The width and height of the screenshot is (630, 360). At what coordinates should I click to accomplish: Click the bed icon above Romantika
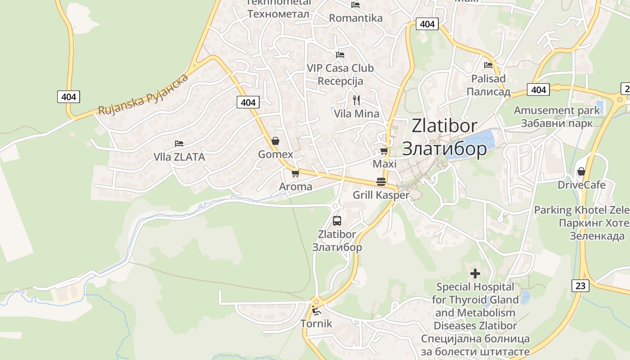tap(355, 5)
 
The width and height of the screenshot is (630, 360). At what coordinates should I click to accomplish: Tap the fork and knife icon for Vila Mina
tap(356, 100)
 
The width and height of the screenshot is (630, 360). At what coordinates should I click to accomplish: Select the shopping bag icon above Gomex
tap(275, 141)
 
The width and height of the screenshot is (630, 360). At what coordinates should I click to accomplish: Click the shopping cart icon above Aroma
tap(295, 173)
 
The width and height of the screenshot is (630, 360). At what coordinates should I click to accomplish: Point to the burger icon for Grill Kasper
tap(381, 182)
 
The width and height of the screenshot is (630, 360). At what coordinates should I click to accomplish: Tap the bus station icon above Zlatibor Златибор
tap(337, 221)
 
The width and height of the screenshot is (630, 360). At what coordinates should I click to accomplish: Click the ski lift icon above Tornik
tap(316, 310)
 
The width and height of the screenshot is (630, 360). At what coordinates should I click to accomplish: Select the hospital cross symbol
tap(475, 273)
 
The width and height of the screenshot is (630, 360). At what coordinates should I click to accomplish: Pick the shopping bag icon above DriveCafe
tap(581, 171)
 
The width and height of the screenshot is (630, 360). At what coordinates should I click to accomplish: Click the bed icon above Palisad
tap(488, 65)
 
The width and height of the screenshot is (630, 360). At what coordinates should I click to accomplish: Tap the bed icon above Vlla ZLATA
tap(179, 144)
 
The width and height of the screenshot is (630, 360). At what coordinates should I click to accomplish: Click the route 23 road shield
tap(580, 285)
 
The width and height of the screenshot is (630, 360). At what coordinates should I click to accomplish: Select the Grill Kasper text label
tap(381, 195)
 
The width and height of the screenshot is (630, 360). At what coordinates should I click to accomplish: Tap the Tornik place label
tap(316, 324)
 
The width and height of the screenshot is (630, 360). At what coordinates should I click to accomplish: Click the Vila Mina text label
tap(356, 114)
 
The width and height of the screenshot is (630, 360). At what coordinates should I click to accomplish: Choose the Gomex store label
tap(275, 154)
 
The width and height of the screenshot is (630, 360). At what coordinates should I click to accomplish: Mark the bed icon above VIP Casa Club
tap(340, 55)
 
